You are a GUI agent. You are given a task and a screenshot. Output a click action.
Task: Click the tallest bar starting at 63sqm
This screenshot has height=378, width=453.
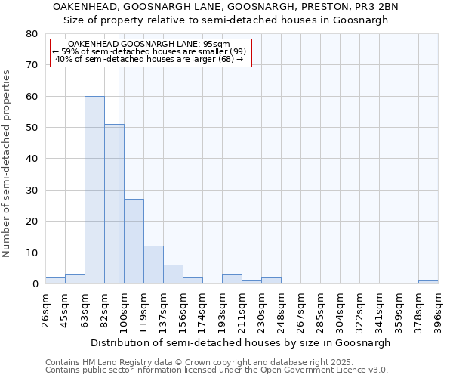coord(94,190)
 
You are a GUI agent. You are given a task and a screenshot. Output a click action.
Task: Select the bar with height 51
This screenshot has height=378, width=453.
coord(114,204)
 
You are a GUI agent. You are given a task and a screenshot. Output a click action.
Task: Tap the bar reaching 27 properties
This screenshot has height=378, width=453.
coord(134,241)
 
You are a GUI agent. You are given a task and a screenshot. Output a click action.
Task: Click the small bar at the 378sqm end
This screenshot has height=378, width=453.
coord(428,282)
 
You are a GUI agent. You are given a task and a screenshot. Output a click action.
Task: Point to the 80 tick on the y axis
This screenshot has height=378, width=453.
coord(32,34)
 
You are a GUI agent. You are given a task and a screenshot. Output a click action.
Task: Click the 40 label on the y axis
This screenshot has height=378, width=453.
coord(32,159)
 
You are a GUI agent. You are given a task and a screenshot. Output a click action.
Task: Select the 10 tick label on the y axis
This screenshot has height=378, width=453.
coord(32,253)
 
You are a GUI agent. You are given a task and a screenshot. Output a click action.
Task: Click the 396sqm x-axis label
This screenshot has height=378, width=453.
coord(438,311)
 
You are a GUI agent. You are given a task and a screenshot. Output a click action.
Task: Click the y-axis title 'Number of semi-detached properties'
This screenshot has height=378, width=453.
coord(7,163)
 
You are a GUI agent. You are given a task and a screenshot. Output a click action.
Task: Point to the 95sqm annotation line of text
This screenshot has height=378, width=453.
coord(149,45)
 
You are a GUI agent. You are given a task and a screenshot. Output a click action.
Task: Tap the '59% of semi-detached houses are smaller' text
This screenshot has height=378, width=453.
coord(149,51)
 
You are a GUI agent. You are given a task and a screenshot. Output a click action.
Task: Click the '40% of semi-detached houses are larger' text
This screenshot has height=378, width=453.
coord(149,59)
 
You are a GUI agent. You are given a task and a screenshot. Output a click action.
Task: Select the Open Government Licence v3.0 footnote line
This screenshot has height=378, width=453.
coord(217,370)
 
